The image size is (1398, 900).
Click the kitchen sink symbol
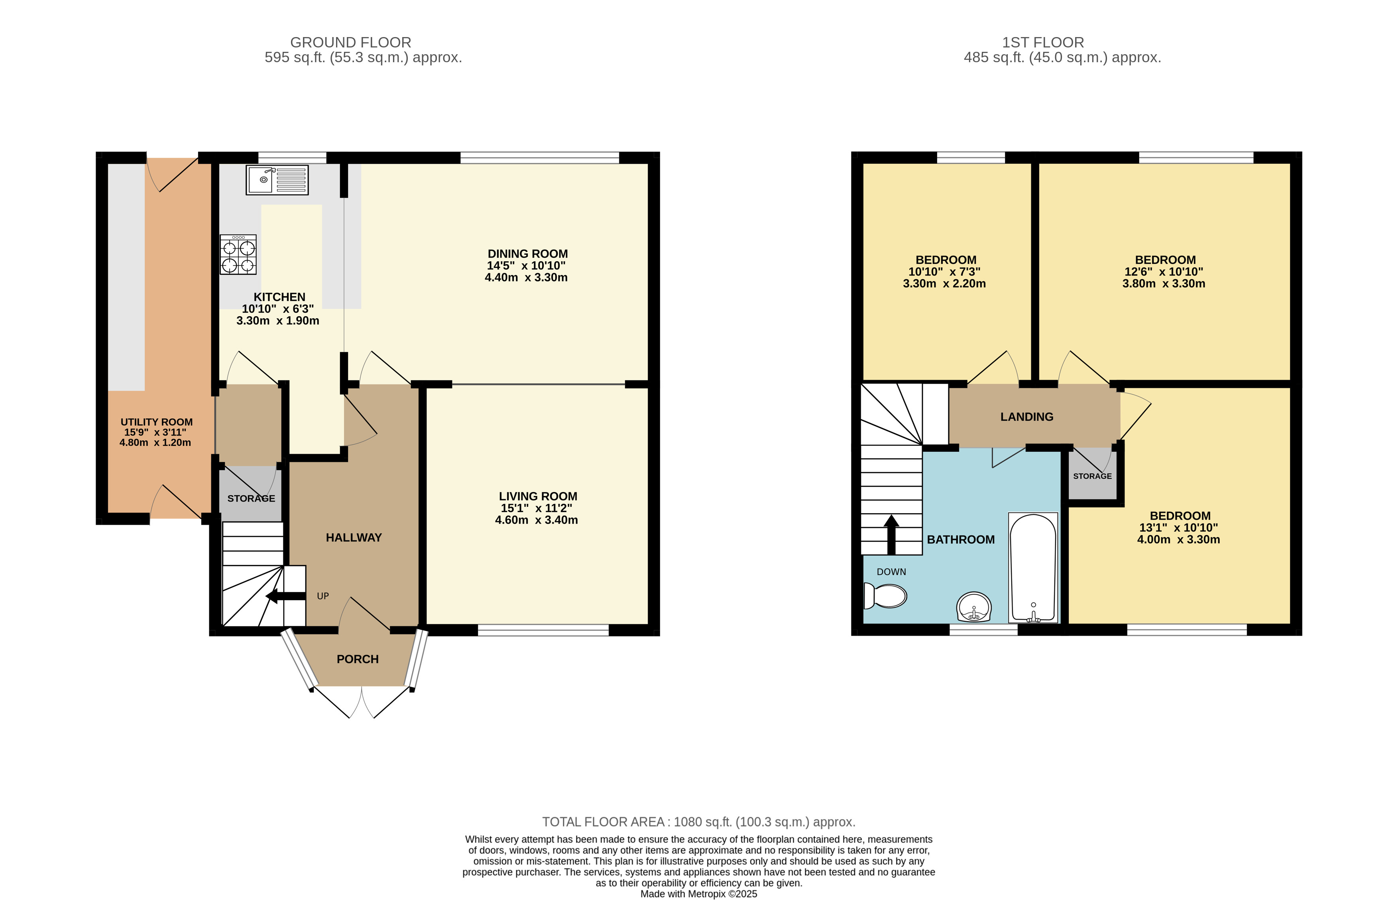pos(277,180)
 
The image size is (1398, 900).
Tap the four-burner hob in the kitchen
pos(238,255)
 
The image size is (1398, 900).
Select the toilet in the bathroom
pos(885,595)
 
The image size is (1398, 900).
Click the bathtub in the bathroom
pos(1033,567)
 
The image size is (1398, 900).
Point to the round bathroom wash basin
pos(974,607)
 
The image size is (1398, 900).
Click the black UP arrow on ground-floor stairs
pos(286,596)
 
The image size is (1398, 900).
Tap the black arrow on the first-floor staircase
pos(891,535)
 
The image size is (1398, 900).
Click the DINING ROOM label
pos(527,254)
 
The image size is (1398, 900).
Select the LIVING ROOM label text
pos(538,496)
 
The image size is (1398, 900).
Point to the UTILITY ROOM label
pos(157,422)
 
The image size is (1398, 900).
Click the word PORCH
pos(358,659)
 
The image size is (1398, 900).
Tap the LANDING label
pos(1026,417)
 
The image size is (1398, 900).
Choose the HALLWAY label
pos(354,538)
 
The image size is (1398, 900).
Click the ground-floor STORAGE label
pos(251,498)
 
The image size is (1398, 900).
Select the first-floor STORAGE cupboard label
pos(1093,476)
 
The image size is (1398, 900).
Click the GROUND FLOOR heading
pos(350,43)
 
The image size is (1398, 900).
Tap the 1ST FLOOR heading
pos(1043,43)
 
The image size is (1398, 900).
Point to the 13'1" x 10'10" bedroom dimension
pos(1178,527)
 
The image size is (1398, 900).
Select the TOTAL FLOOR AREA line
pos(699,822)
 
